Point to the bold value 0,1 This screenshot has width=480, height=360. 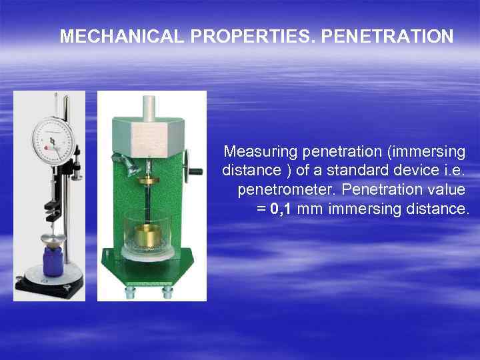coord(280,209)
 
